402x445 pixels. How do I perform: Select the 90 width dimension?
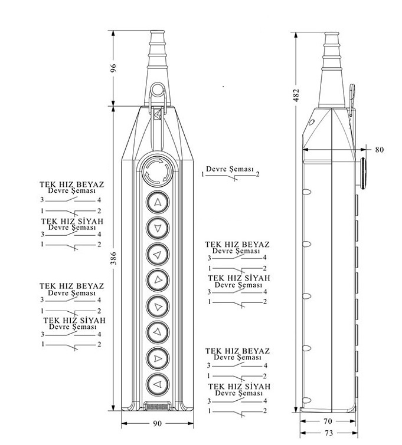coord(157,423)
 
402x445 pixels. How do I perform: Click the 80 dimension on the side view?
coord(379,150)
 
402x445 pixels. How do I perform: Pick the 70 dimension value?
coord(327,421)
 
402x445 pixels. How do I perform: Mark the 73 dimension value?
coord(327,434)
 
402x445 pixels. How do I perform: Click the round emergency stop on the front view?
coord(158,172)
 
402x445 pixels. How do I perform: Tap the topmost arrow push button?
coord(158,203)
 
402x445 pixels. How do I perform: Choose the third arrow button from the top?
coord(158,255)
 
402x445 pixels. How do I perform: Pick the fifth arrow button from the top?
coord(158,306)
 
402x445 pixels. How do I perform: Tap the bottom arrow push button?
coord(158,385)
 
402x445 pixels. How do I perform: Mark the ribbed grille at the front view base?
coord(157,406)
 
